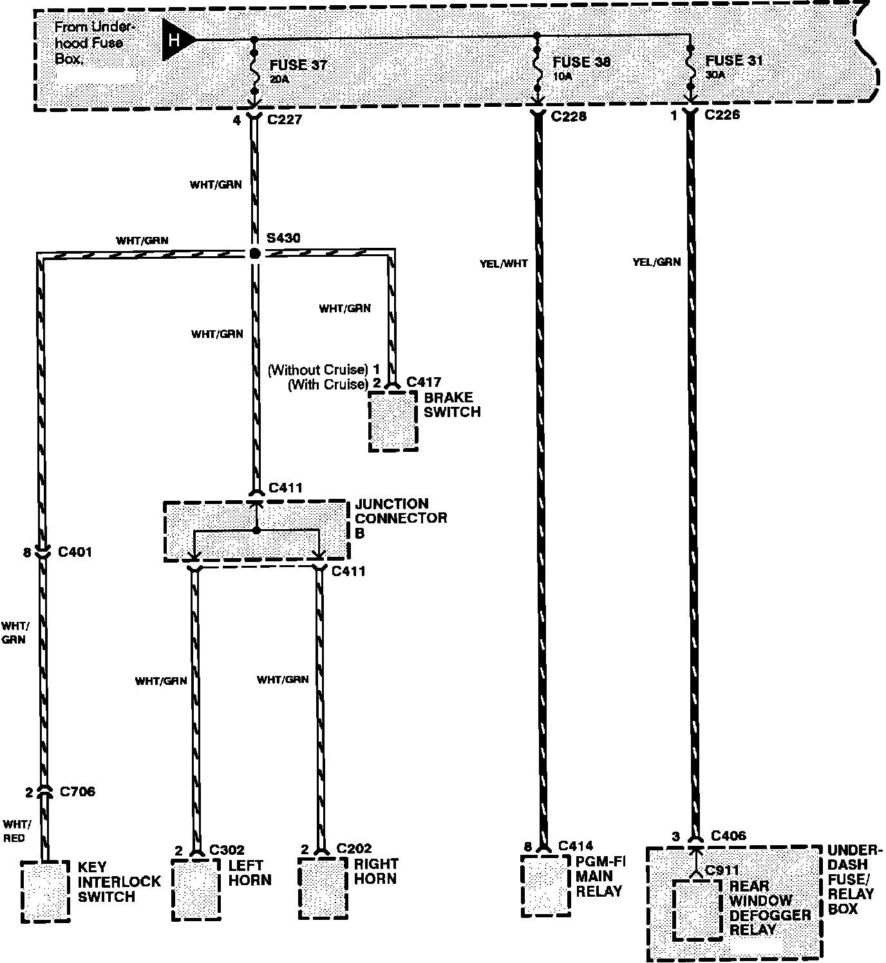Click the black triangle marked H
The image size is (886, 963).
click(x=176, y=40)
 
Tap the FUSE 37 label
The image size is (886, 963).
click(x=298, y=65)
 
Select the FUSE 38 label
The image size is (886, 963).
click(x=581, y=62)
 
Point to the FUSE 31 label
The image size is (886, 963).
click(x=734, y=61)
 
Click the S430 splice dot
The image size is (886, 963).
click(x=255, y=254)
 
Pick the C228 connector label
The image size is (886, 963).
click(x=569, y=117)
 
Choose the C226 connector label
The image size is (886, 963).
click(x=722, y=115)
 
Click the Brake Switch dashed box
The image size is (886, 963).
click(x=393, y=421)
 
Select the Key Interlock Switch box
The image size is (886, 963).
click(x=45, y=891)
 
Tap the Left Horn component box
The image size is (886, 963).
click(x=196, y=890)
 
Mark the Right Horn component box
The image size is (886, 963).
click(x=323, y=888)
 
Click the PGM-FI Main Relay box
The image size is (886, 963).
click(x=545, y=885)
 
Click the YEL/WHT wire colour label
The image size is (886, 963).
click(x=504, y=264)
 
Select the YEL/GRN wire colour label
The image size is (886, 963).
click(x=656, y=263)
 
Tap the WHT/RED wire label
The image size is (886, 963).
click(x=14, y=831)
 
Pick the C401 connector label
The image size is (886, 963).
click(x=75, y=552)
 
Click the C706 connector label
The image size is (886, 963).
click(x=77, y=792)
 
